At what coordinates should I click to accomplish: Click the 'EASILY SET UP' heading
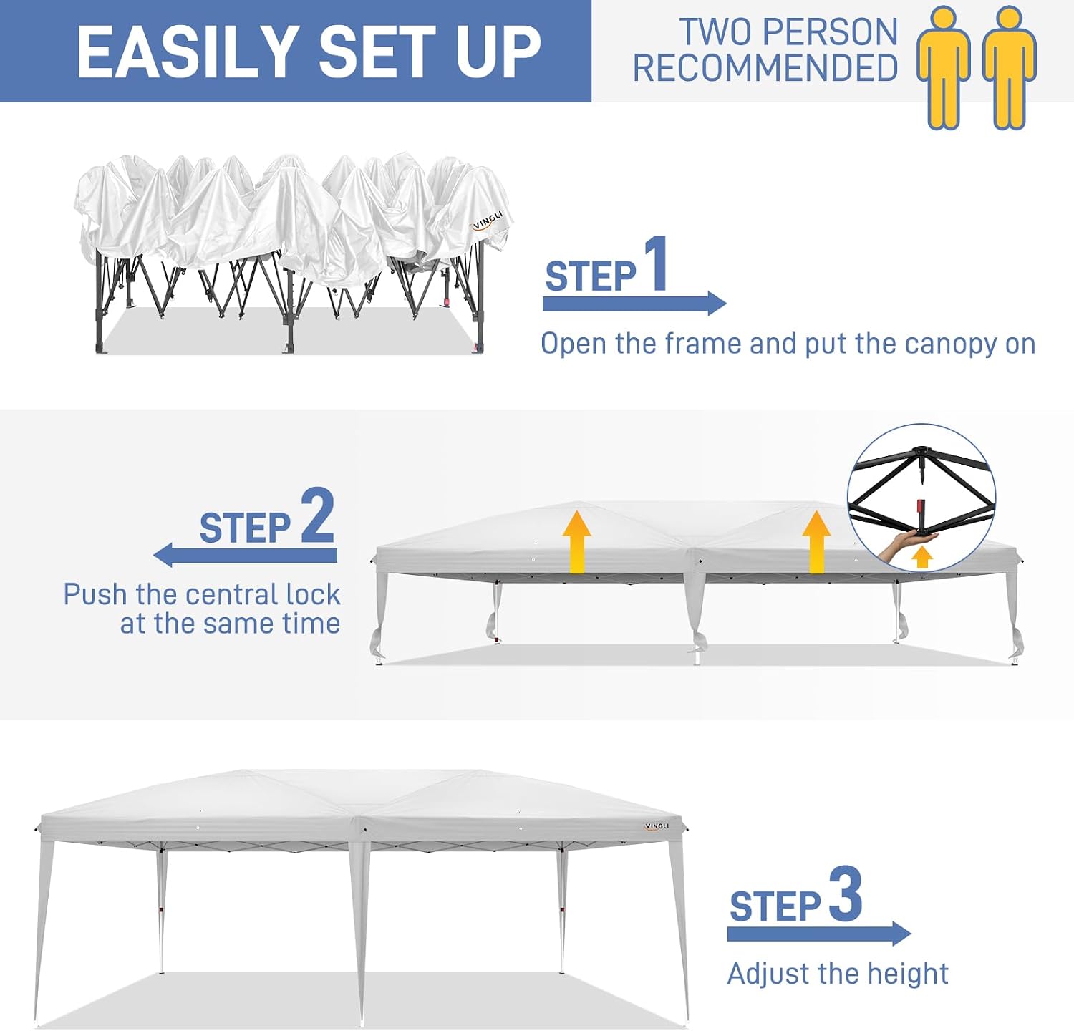309,51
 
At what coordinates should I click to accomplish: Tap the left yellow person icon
944,68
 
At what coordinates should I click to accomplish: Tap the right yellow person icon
1010,68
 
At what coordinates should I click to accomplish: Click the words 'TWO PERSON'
788,32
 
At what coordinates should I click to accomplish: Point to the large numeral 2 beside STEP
318,515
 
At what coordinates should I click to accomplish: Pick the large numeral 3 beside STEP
846,894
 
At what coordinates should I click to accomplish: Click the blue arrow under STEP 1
634,303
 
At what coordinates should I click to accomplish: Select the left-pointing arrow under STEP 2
245,555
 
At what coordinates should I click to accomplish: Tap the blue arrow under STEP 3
819,934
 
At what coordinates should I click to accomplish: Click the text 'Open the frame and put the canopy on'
788,344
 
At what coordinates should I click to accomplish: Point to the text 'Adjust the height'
838,974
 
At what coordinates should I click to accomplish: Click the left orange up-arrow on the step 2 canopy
576,542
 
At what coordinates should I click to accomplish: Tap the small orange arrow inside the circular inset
922,557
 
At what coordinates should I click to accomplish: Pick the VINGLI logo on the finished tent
656,826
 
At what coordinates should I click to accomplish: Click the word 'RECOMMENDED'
765,69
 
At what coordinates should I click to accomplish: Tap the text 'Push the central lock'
202,594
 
